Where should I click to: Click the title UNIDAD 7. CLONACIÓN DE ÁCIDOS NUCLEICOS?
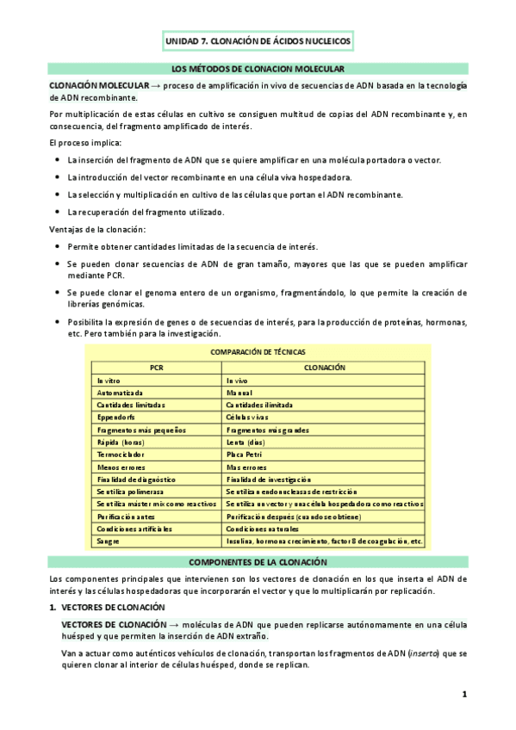pyautogui.click(x=258, y=40)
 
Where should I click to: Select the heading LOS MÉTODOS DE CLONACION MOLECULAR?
pyautogui.click(x=258, y=68)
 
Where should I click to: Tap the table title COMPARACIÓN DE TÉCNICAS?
pyautogui.click(x=258, y=352)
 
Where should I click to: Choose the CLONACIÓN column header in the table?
pyautogui.click(x=324, y=367)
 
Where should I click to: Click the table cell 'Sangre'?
pyautogui.click(x=109, y=541)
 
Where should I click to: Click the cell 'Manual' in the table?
pyautogui.click(x=239, y=392)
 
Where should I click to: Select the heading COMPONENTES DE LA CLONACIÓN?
pyautogui.click(x=258, y=561)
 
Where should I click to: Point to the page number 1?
pyautogui.click(x=463, y=694)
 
